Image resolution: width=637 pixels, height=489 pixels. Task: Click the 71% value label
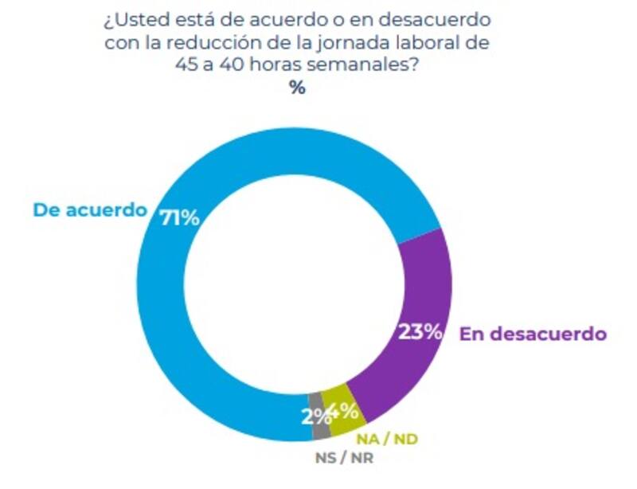179,217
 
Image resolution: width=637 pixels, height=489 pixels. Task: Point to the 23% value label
420,332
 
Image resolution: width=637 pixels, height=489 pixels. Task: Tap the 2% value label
314,415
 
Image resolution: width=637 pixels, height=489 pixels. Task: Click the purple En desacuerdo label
533,334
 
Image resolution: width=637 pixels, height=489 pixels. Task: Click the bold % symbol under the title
297,88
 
